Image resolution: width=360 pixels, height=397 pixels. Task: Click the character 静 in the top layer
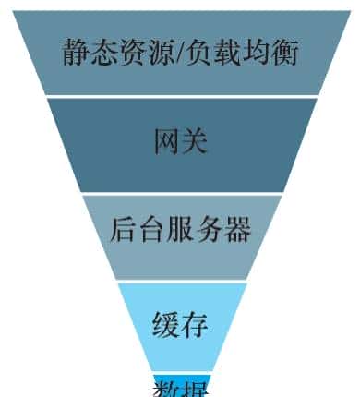pyautogui.click(x=76, y=52)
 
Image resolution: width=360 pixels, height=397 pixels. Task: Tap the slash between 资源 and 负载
pyautogui.click(x=181, y=52)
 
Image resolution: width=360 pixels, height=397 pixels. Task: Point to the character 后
pyautogui.click(x=124, y=229)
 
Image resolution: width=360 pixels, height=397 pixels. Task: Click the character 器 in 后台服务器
pyautogui.click(x=237, y=229)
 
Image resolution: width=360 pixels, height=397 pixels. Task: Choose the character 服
pyautogui.click(x=181, y=229)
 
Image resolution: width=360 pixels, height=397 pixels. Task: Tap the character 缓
pyautogui.click(x=166, y=325)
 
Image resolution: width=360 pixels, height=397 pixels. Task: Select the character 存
pyautogui.click(x=194, y=325)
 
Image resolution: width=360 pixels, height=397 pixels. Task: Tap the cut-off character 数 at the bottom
pyautogui.click(x=166, y=388)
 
